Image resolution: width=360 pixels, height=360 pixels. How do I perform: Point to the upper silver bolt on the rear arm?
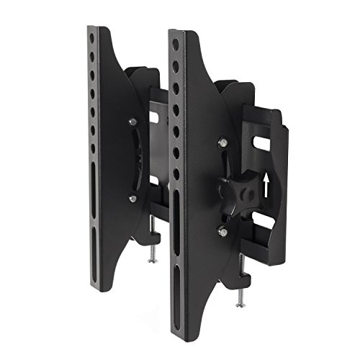[132, 124]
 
